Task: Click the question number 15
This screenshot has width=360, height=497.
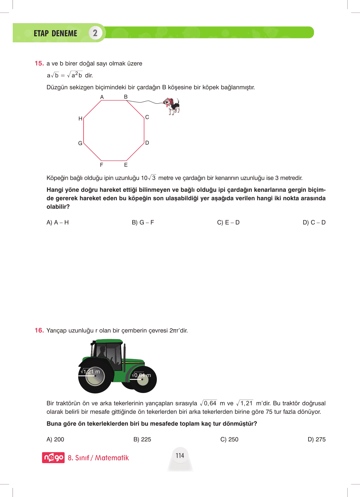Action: (x=39, y=64)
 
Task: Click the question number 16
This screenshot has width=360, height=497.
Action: (x=39, y=330)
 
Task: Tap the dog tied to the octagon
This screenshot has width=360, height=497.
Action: (x=172, y=106)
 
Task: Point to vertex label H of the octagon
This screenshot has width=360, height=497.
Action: (x=80, y=119)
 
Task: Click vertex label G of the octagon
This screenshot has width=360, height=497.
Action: (x=80, y=143)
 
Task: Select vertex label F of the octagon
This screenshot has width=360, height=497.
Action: (x=101, y=165)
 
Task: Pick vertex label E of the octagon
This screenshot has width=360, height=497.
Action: (x=126, y=165)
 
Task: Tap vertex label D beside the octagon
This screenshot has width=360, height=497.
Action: (x=147, y=143)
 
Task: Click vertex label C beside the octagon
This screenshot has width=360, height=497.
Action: (x=147, y=117)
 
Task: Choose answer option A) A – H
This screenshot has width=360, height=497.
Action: (x=58, y=222)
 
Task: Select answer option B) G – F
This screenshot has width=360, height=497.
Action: (x=143, y=222)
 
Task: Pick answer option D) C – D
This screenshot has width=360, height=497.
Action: (x=314, y=222)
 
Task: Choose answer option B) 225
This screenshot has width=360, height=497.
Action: (x=142, y=439)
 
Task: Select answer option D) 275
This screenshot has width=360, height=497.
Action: (x=316, y=439)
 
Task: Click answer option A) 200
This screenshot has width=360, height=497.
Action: (x=55, y=439)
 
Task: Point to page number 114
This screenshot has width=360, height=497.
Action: (x=180, y=456)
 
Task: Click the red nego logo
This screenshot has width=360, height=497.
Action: (x=53, y=457)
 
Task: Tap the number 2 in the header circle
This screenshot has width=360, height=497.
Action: (x=95, y=33)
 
